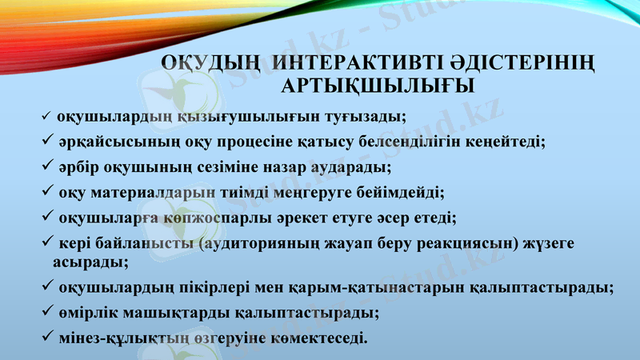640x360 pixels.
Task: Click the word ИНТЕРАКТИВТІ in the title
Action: click(x=343, y=62)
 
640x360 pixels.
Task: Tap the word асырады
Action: click(x=88, y=261)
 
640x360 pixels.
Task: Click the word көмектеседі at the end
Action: click(x=318, y=337)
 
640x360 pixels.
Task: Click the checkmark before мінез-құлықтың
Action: click(x=46, y=336)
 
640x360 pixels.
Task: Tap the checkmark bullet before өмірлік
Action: click(x=46, y=310)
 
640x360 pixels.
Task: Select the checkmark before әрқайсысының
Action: click(x=46, y=141)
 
